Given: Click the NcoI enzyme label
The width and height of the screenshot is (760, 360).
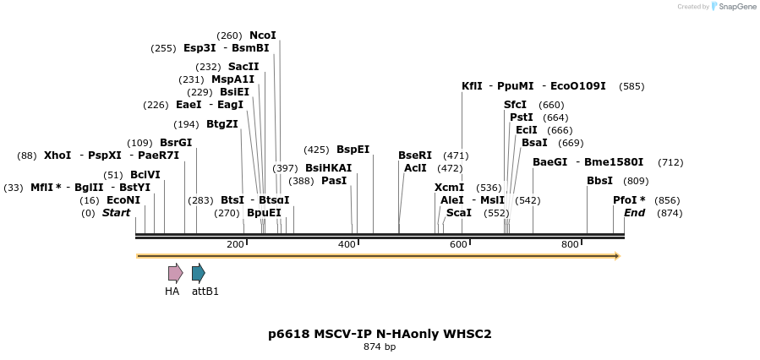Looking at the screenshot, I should pos(262,35).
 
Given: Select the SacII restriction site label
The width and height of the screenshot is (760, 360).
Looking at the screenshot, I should pos(243,67).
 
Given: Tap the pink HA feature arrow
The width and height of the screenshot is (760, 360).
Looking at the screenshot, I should pos(175,273).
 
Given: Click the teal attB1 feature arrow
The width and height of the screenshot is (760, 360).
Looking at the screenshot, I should pos(198,273).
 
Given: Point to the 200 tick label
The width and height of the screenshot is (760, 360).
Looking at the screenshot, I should pos(235,244).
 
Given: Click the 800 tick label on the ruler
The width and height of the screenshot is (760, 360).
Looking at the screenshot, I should pos(570,244).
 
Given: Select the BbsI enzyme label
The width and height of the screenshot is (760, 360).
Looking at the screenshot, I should pos(600,181).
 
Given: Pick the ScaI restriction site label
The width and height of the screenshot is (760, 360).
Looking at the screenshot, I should pos(459,213).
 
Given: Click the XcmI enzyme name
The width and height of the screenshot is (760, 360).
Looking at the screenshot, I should pos(449,188).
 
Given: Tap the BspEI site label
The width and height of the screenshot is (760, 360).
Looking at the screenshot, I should pos(353,150).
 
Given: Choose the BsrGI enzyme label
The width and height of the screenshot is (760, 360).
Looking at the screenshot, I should pos(176,143).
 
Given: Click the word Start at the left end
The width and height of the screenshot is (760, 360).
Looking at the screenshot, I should pos(117,213).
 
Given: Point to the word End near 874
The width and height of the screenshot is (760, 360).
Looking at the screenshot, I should pos(634,213).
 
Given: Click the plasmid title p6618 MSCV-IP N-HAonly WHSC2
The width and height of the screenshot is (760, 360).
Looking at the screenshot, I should pos(380,334).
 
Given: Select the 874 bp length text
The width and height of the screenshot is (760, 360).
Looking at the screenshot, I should pos(380,347).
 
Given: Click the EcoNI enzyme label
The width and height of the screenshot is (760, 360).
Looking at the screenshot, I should pos(123,200).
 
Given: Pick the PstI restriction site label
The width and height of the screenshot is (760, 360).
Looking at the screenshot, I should pos(522,117).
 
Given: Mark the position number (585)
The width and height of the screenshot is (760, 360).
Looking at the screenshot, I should pos(632,86).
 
